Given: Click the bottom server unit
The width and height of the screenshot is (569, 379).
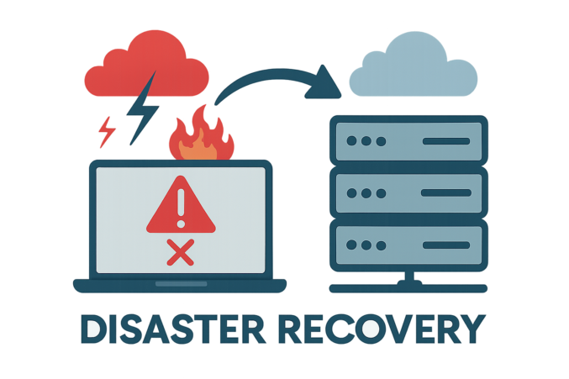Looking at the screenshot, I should (406, 243).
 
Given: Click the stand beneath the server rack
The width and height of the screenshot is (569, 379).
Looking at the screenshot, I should (406, 282).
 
